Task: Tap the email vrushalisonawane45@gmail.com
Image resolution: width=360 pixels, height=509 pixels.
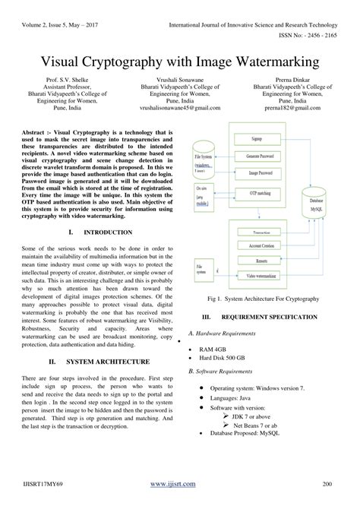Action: pyautogui.click(x=180, y=108)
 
